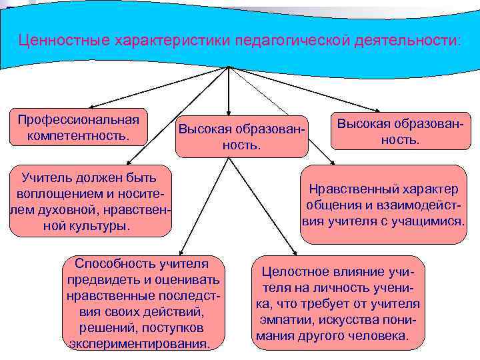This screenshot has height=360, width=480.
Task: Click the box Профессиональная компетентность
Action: tap(79, 127)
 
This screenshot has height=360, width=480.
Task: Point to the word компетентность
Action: tap(79, 135)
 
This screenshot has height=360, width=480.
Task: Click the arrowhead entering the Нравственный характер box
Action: tap(333, 162)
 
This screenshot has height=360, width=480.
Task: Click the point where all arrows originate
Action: tap(229, 67)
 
